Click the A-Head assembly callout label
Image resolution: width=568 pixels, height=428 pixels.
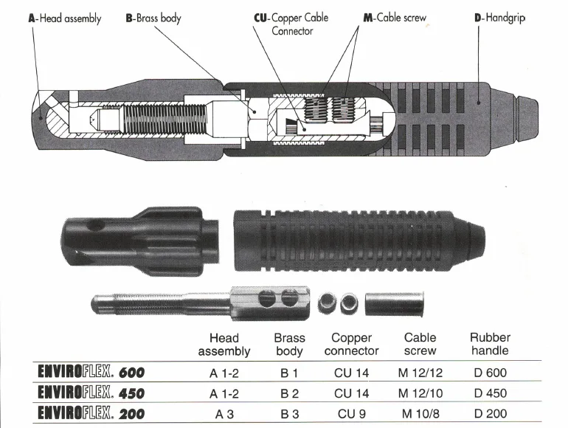(x=64, y=18)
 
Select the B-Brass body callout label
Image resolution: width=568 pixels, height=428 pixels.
(x=153, y=18)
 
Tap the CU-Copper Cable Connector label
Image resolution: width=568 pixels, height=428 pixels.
(x=291, y=24)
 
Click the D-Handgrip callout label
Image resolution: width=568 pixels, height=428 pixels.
(x=499, y=18)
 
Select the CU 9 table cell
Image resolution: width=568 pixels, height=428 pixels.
(x=353, y=414)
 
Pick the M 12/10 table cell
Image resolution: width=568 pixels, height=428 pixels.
(x=420, y=393)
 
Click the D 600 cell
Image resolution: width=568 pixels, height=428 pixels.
(x=490, y=373)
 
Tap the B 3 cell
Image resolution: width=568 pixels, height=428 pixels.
(x=289, y=414)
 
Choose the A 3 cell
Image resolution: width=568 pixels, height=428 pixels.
(x=224, y=414)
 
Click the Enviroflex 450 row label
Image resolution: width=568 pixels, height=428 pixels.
(x=91, y=393)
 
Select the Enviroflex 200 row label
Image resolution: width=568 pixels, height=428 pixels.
(x=91, y=414)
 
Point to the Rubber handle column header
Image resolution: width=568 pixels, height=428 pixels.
(x=490, y=344)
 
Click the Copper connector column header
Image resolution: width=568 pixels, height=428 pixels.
(x=352, y=344)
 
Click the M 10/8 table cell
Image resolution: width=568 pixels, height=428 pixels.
(x=420, y=414)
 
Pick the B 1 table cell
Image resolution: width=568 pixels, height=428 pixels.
(x=289, y=373)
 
